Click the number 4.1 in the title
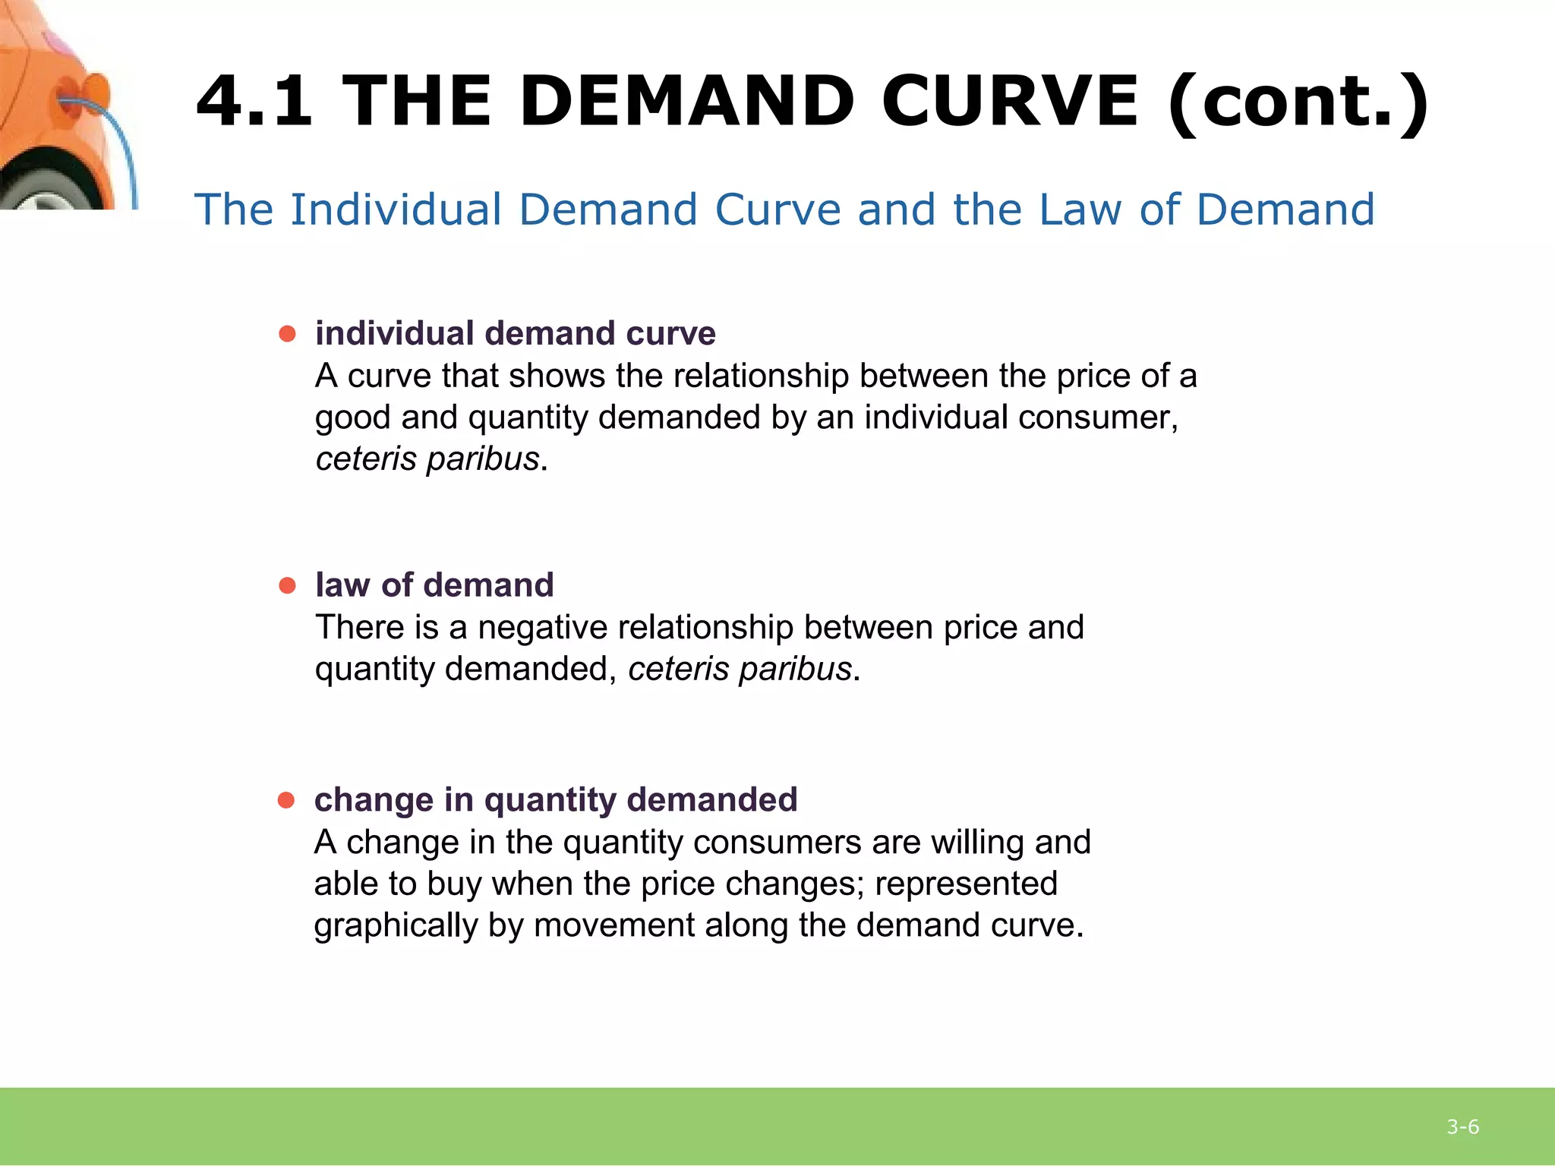coord(254,100)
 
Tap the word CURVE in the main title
coord(1010,100)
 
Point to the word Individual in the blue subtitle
coord(396,210)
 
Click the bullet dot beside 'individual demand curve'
coord(287,334)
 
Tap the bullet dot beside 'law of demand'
coord(287,585)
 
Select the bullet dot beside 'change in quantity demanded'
coord(286,800)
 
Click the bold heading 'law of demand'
coord(434,585)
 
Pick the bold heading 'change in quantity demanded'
coord(556,800)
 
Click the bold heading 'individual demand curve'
coord(515,334)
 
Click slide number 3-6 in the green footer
coord(1462,1127)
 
